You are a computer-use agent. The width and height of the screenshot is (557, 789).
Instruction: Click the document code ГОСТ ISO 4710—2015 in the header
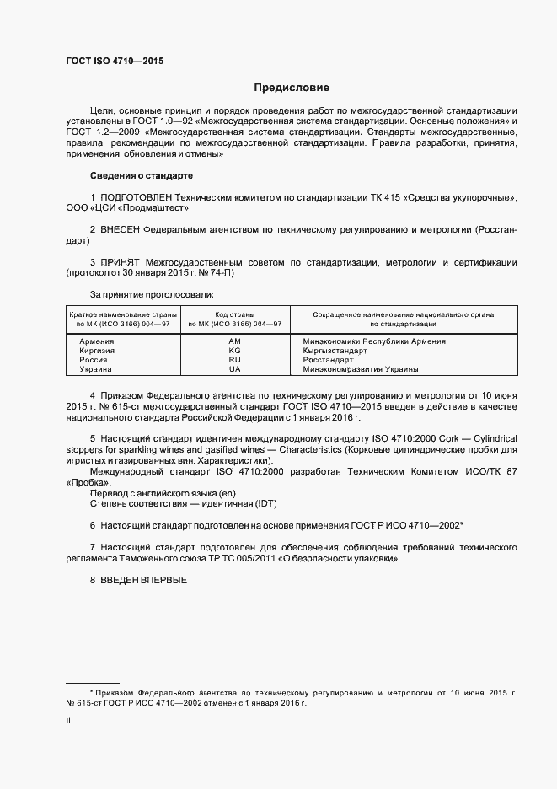coord(115,61)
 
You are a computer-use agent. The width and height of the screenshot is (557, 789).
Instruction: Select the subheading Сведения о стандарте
coord(141,175)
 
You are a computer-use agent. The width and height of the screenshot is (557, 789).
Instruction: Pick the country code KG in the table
coord(234,351)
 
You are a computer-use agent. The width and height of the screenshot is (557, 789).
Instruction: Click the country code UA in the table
coord(234,369)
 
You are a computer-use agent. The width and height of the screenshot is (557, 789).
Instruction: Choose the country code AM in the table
coord(234,341)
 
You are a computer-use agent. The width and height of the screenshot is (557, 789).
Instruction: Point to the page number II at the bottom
coord(68,722)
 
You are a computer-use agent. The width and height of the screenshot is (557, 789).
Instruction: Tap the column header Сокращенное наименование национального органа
coord(403,314)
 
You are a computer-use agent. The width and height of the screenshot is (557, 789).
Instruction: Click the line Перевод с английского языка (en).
coord(163,492)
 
